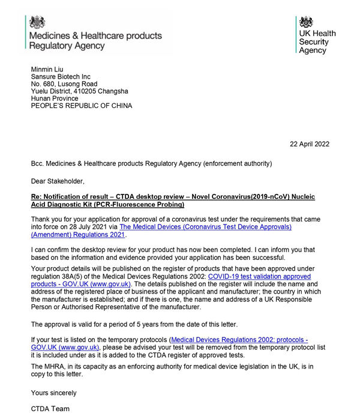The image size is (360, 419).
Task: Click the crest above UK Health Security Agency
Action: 306,22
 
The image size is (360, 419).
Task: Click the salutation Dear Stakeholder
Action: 58,180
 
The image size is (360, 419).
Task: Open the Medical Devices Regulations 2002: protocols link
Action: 239,339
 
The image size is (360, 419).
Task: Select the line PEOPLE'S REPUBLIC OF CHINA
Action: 82,106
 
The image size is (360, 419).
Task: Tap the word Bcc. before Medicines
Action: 38,163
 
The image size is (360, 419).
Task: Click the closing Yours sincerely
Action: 53,393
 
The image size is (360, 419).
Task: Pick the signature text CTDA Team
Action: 50,409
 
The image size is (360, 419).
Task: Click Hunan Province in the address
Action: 55,98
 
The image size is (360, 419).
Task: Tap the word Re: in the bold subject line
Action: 37,197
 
